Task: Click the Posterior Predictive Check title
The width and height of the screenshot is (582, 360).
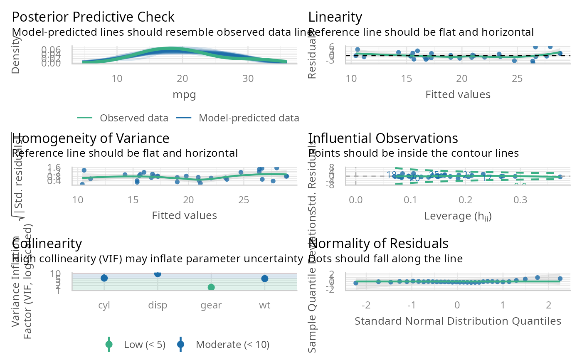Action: [93, 17]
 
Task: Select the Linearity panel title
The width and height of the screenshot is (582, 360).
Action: [335, 17]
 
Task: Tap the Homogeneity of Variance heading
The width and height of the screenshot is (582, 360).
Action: [91, 138]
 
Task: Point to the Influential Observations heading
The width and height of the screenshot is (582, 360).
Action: [383, 138]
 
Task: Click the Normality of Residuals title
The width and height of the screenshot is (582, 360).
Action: [378, 243]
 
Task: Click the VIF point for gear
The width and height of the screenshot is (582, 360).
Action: [211, 287]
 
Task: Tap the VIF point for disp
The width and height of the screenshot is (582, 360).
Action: [158, 274]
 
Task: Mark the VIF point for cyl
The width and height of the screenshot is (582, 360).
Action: [104, 278]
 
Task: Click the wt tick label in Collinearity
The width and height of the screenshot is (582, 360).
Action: [264, 306]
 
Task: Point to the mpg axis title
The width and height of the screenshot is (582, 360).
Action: [184, 94]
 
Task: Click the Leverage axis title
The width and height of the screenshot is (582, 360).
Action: [458, 216]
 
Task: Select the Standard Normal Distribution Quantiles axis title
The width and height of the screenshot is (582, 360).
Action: [458, 321]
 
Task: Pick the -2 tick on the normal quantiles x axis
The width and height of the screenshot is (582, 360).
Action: [366, 306]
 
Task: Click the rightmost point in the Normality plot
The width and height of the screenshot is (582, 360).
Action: [560, 279]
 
